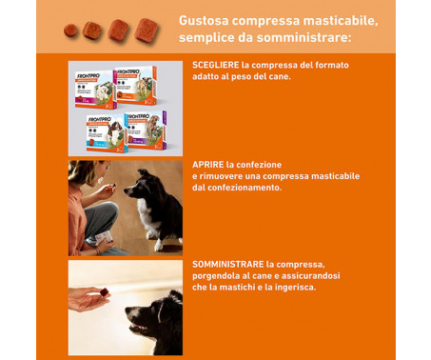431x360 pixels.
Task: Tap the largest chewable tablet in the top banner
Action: click(146, 29)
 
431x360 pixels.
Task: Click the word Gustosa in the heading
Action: click(206, 20)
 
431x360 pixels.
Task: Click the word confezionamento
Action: click(242, 188)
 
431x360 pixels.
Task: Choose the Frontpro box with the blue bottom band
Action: click(97, 133)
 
